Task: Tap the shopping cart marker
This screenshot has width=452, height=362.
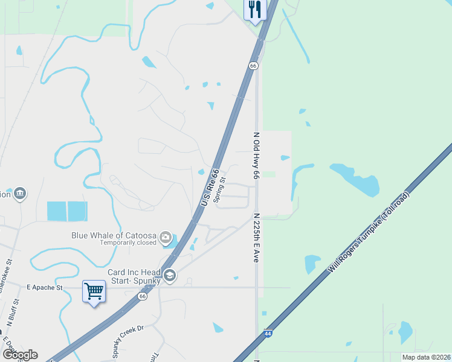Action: tap(94, 292)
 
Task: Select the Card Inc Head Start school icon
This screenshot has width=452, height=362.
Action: tap(170, 276)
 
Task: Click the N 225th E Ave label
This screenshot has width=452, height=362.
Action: tap(256, 237)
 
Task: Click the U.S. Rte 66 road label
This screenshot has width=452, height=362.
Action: tap(208, 188)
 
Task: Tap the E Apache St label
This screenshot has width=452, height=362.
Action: tap(45, 288)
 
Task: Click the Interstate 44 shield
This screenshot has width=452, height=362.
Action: tap(268, 333)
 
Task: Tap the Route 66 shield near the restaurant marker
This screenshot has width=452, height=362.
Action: tap(253, 65)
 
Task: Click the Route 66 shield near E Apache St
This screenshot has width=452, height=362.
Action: tap(143, 296)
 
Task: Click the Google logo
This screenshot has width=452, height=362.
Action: tap(20, 355)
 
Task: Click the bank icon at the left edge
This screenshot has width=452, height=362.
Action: tap(20, 193)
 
